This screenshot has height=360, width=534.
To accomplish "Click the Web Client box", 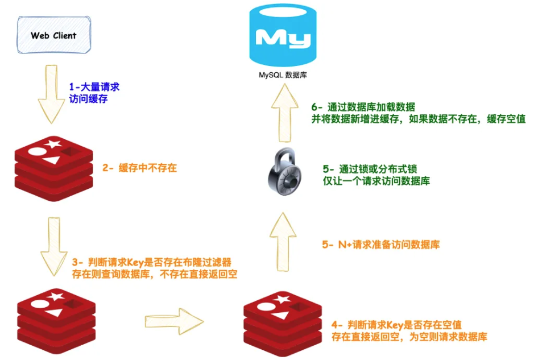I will point(53,35).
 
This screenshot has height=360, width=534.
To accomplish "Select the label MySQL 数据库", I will point(283,75).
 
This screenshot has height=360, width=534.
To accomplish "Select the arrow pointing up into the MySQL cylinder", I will point(283,116).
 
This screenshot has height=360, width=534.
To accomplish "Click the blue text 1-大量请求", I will point(94,87).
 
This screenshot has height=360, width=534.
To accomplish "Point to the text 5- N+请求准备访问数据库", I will point(380,245).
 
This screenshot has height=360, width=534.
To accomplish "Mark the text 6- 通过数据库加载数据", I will point(363,107).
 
